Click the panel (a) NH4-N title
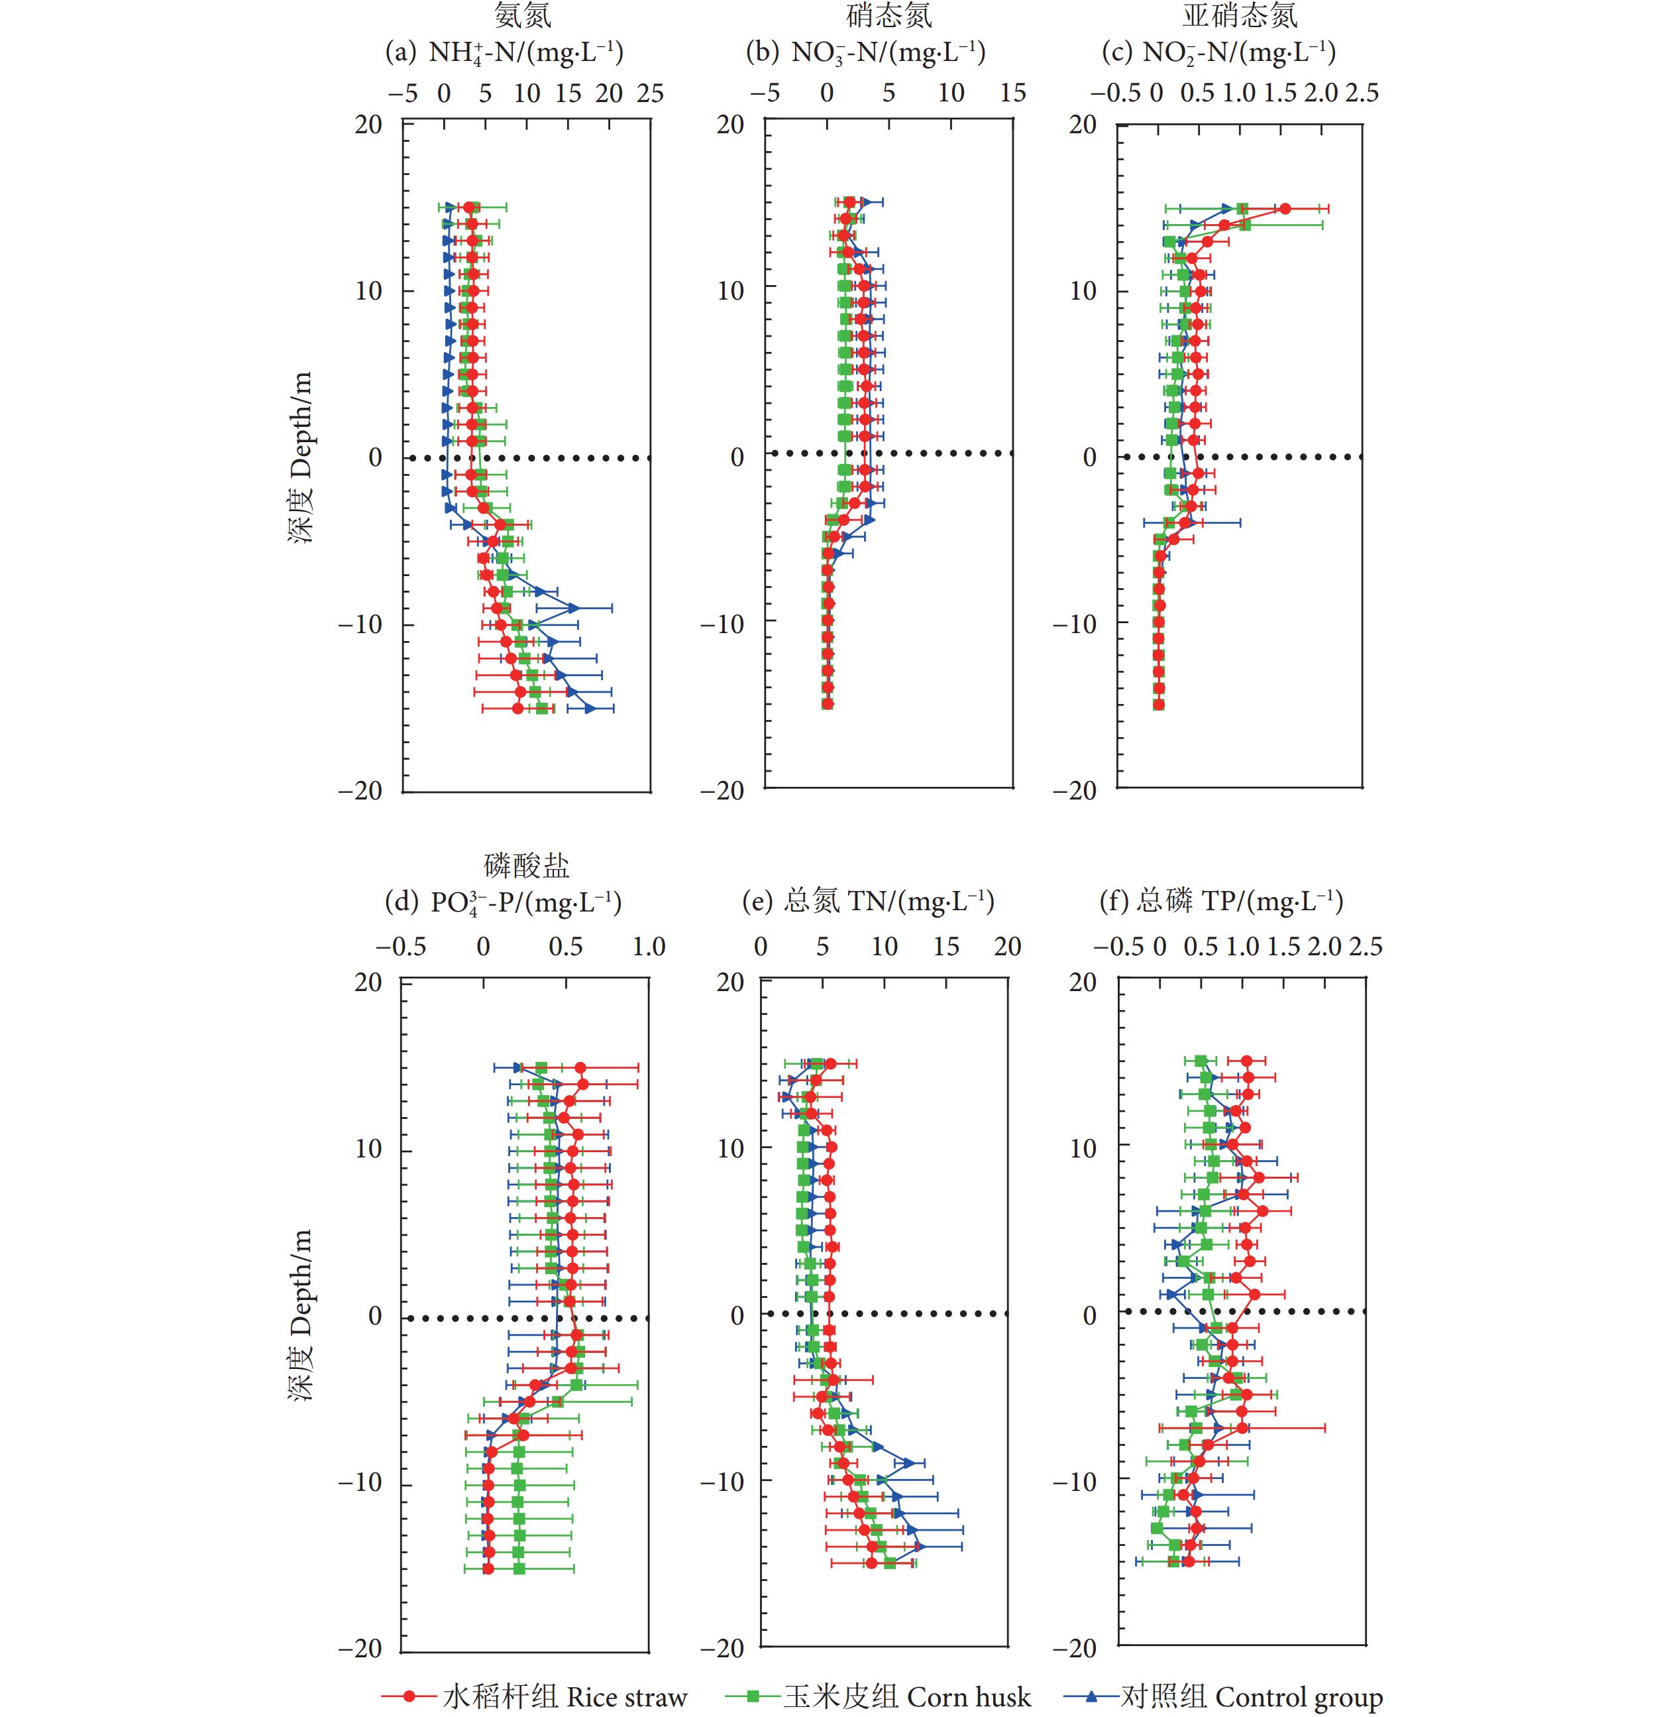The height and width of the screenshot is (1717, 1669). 505,52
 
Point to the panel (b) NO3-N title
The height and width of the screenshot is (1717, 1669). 866,52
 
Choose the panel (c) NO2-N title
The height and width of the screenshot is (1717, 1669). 1218,52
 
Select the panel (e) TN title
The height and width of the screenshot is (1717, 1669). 868,902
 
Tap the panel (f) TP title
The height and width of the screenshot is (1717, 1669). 1221,902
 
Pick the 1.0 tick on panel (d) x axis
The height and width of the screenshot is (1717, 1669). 649,947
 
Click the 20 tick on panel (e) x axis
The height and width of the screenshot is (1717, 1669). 1008,947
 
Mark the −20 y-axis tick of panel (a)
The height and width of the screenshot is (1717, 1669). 361,791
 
